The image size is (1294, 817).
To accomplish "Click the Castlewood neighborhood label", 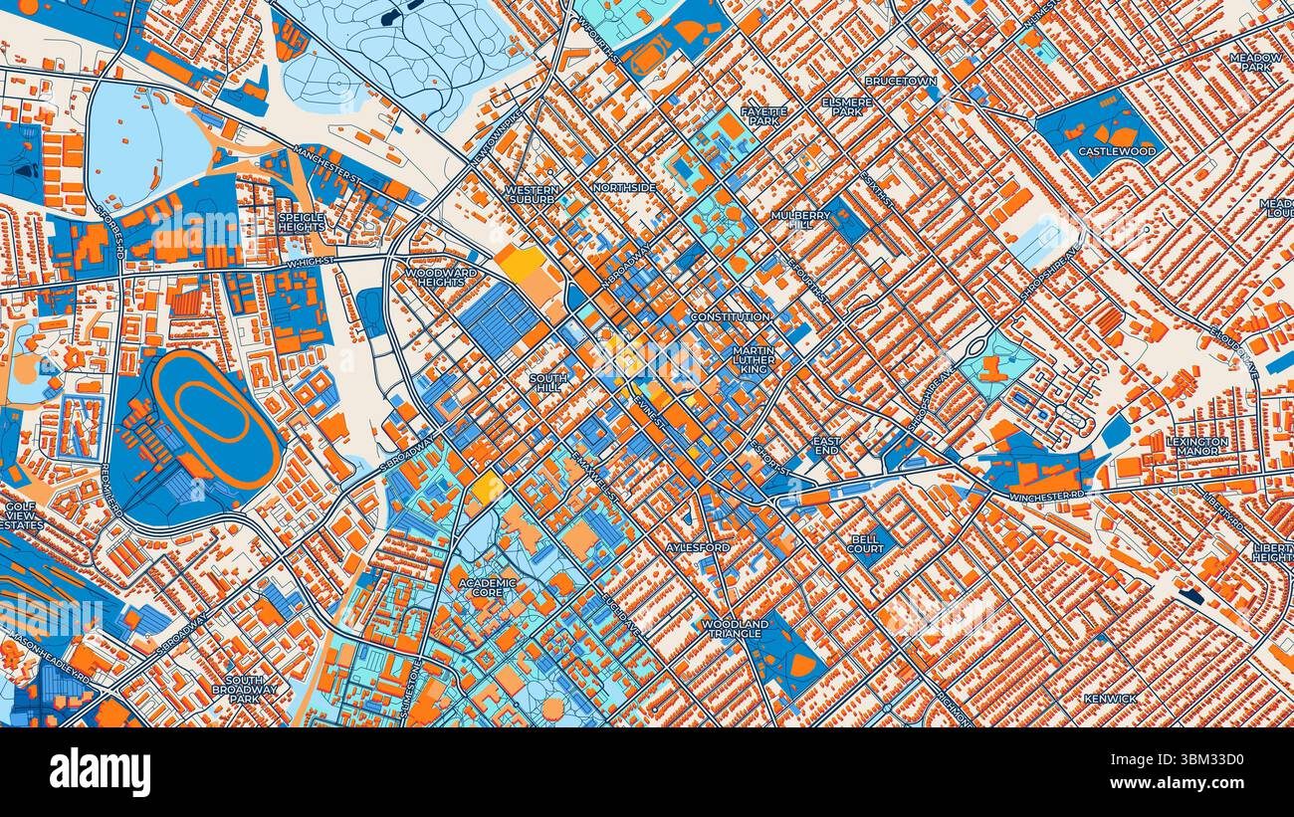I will [x=1117, y=151].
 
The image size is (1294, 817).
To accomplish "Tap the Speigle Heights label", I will [x=301, y=222].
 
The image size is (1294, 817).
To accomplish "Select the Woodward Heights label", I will [x=441, y=277].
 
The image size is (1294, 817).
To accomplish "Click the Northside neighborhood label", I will [x=624, y=187].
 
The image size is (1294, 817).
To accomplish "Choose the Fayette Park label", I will [x=763, y=116].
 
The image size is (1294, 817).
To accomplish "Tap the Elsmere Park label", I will [x=847, y=105].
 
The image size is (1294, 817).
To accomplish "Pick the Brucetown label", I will [x=899, y=81].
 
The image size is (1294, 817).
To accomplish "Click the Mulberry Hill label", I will [x=800, y=220].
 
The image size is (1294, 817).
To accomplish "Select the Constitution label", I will [x=731, y=316].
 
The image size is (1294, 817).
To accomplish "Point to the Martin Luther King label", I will [x=754, y=359].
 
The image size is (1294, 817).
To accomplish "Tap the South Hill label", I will [x=547, y=383].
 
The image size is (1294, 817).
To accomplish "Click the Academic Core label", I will [x=488, y=587].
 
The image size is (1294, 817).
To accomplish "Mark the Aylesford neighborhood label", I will [x=698, y=547].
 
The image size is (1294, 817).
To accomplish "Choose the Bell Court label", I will [x=865, y=543].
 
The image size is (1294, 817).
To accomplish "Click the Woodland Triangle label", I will [x=735, y=629].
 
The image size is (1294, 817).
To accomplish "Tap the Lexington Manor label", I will [x=1197, y=446].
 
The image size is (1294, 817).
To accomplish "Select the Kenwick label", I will [x=1110, y=699].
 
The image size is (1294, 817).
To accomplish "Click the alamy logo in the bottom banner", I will [x=101, y=772].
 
